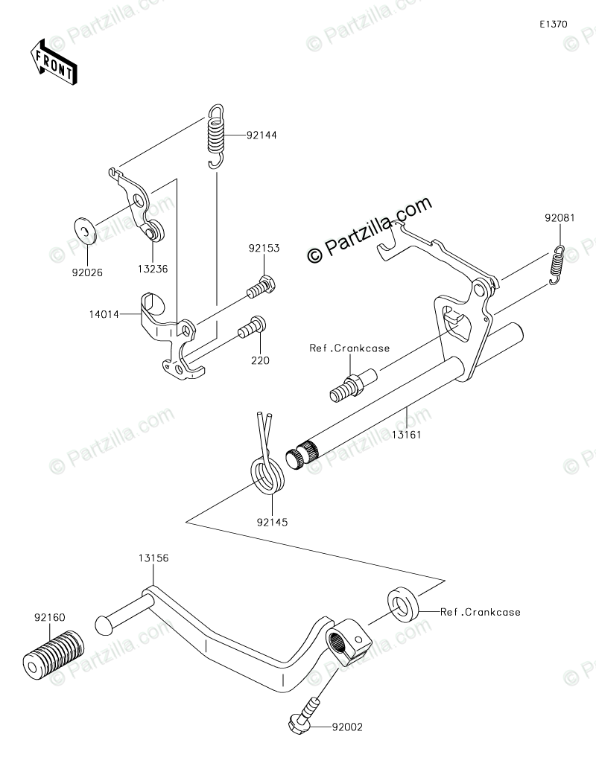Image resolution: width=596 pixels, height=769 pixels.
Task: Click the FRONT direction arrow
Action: (53, 62)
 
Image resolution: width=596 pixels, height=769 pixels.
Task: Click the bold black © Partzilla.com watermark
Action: (370, 230)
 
